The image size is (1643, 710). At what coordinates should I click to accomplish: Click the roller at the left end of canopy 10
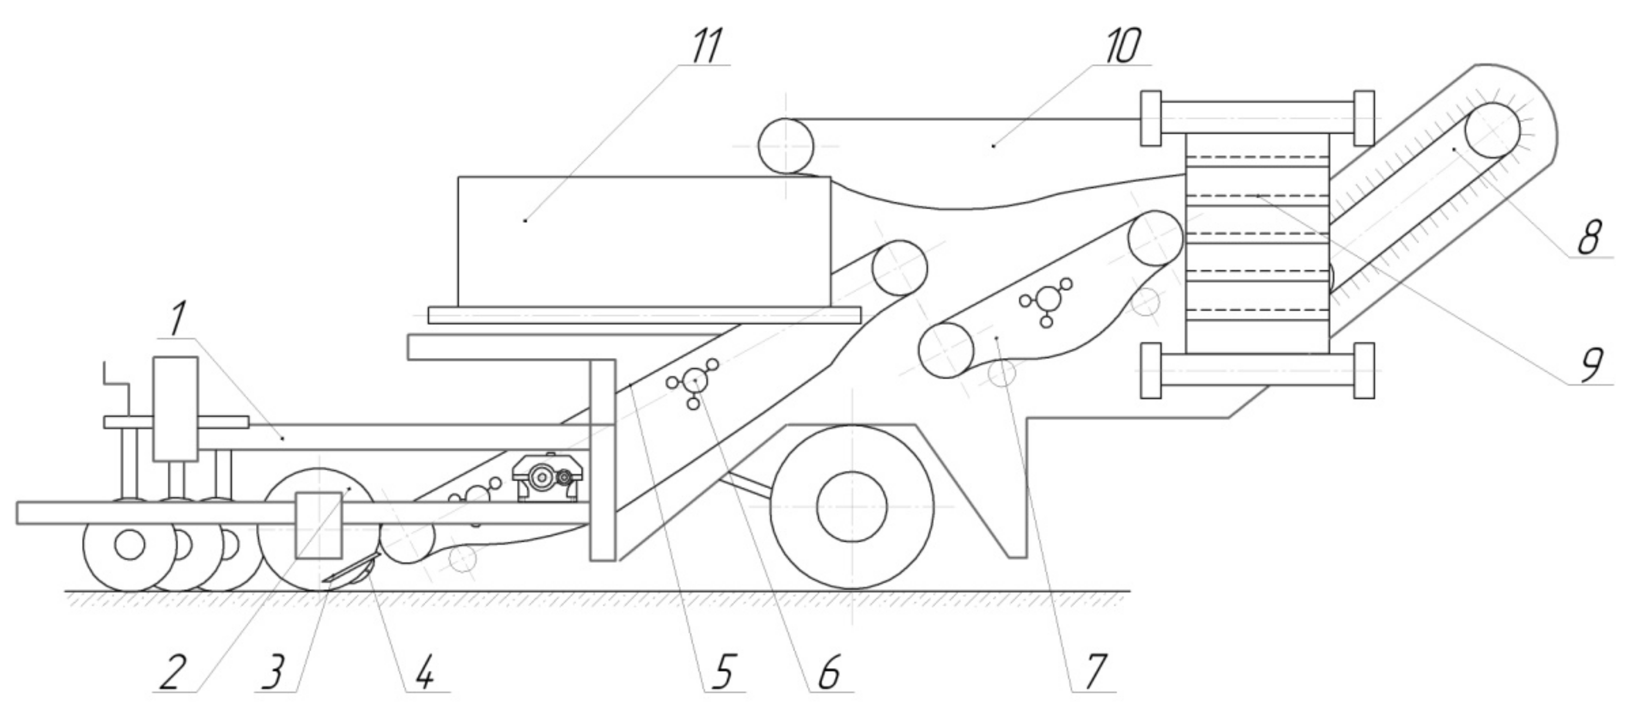(x=786, y=146)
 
